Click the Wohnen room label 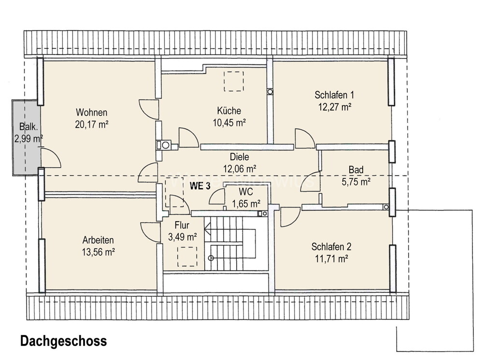[91, 113]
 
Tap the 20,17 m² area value [91, 125]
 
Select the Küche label [229, 111]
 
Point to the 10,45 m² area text [229, 123]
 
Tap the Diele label [240, 157]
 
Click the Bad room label [356, 170]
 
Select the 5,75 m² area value [356, 182]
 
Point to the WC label [246, 192]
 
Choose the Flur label [182, 225]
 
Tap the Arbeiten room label [98, 239]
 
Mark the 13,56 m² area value [98, 251]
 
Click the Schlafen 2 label [331, 247]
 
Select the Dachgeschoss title [63, 341]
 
